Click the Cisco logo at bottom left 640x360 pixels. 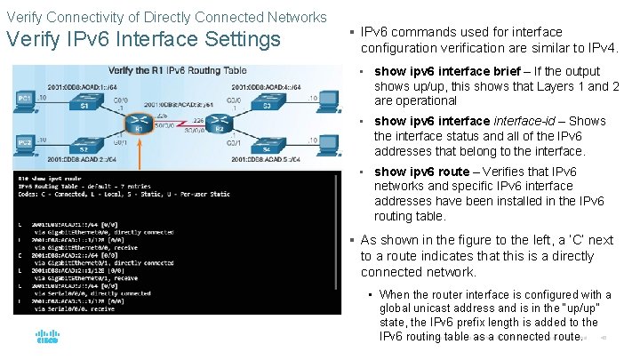click(46, 338)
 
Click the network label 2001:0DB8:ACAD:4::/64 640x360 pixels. click(274, 87)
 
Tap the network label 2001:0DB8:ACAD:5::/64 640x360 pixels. click(274, 159)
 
